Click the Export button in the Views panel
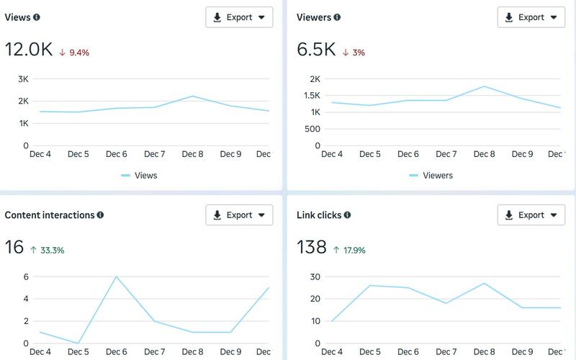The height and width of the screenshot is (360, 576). coord(239,17)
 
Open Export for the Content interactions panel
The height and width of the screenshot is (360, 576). coord(239,215)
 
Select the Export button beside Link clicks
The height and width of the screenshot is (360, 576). coord(531,215)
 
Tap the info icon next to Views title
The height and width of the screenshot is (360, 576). coord(37,17)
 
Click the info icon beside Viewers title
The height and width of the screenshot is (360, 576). coord(337,17)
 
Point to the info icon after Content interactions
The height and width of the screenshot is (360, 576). coord(100,215)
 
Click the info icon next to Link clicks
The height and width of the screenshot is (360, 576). coord(347,215)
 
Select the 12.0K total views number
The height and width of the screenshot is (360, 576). coord(28,50)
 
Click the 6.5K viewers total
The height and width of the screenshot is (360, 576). coord(316,50)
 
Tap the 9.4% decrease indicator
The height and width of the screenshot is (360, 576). coord(74,53)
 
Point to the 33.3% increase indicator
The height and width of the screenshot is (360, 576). coord(47,251)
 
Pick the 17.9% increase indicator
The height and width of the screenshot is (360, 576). coord(349,251)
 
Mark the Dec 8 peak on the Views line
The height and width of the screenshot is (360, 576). coord(192,96)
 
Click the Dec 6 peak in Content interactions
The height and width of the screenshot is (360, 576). coord(116,276)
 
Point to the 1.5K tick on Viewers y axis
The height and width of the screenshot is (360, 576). coord(312,96)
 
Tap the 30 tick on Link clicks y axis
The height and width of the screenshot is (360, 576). coord(315,276)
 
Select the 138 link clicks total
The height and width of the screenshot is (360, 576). coord(312,248)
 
